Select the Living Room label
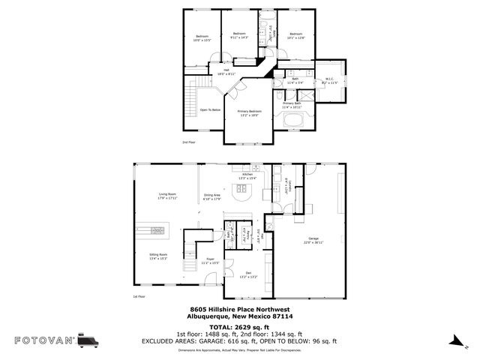pos(166,196)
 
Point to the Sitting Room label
pos(157,256)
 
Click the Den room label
pos(248,275)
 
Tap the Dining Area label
pos(212,196)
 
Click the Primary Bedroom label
pos(249,112)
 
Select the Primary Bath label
pos(292,105)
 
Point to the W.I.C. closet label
pos(329,80)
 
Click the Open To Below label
pos(210,109)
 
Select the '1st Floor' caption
pos(139,296)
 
